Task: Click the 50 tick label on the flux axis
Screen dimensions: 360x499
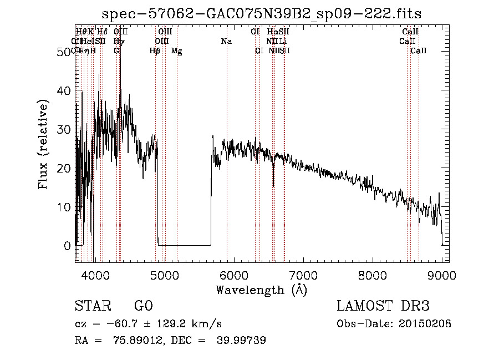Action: click(x=65, y=52)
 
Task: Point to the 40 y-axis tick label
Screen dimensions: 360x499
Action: click(x=65, y=90)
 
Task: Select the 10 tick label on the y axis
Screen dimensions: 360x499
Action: click(x=65, y=207)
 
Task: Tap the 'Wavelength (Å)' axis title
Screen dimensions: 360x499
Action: click(x=261, y=290)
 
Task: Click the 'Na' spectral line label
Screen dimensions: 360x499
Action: click(x=226, y=42)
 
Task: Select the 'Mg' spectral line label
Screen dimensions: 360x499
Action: click(x=176, y=51)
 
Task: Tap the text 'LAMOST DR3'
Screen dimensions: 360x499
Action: click(x=383, y=306)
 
